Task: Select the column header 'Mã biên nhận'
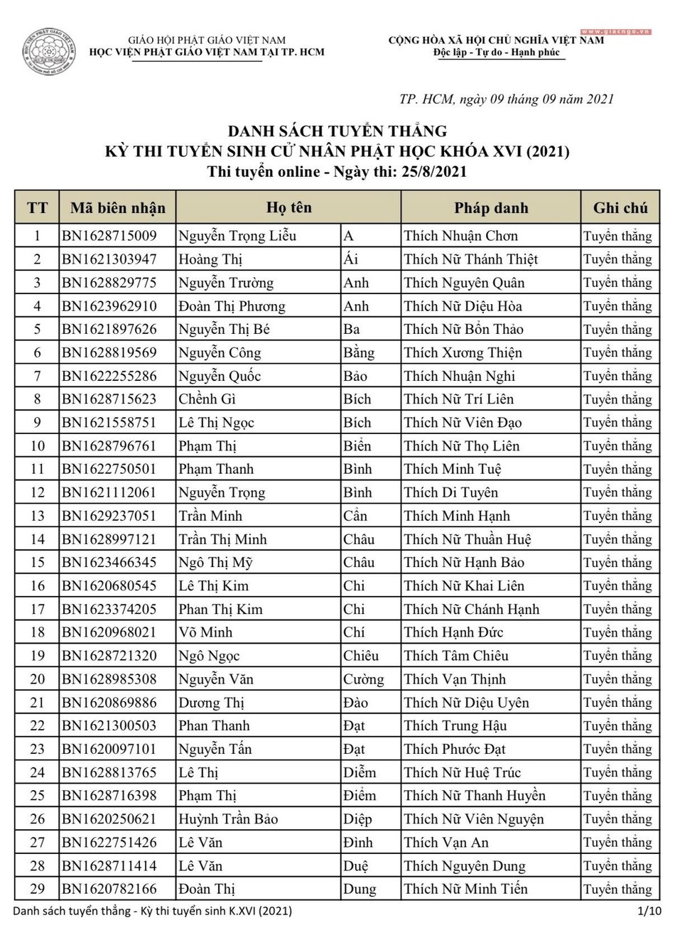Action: tap(117, 208)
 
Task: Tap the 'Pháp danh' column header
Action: tap(491, 208)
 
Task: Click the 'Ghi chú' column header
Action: tap(620, 208)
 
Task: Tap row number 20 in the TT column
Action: tap(38, 679)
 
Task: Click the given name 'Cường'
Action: tap(363, 679)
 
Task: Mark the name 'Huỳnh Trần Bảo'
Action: tap(228, 819)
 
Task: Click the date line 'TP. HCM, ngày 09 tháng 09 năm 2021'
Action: tap(507, 99)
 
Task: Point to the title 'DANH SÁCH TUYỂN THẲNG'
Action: tap(337, 131)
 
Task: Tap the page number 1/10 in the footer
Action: tap(649, 911)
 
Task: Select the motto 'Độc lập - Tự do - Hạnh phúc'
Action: tap(497, 53)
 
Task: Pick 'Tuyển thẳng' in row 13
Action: tap(617, 516)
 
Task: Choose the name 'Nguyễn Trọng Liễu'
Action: tap(237, 236)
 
